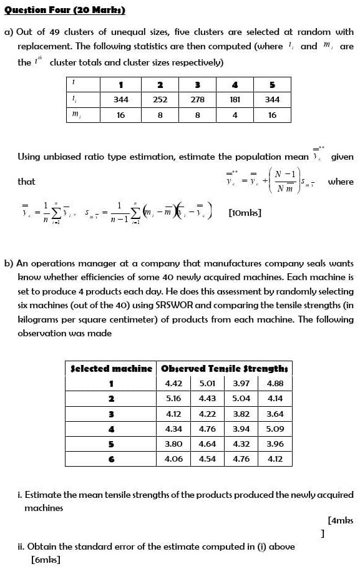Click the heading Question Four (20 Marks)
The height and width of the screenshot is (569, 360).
point(64,10)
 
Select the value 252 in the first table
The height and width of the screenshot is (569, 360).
point(160,99)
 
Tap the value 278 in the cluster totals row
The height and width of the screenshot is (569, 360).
point(197,99)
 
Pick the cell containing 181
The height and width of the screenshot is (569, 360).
point(235,99)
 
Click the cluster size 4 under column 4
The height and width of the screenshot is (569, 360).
point(235,115)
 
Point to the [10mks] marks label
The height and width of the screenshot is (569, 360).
point(245,213)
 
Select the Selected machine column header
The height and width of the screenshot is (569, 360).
point(112,369)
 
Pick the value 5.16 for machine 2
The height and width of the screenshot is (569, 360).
point(173,399)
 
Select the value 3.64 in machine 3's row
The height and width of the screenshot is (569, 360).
point(275,414)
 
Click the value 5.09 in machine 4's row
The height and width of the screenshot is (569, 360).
point(275,429)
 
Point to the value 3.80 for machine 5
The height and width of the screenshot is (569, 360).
point(173,444)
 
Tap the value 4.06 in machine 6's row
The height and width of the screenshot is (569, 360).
point(173,459)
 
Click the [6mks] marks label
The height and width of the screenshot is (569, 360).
point(46,560)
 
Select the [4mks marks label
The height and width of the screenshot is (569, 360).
point(340,520)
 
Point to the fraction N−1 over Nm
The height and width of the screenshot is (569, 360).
point(289,181)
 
